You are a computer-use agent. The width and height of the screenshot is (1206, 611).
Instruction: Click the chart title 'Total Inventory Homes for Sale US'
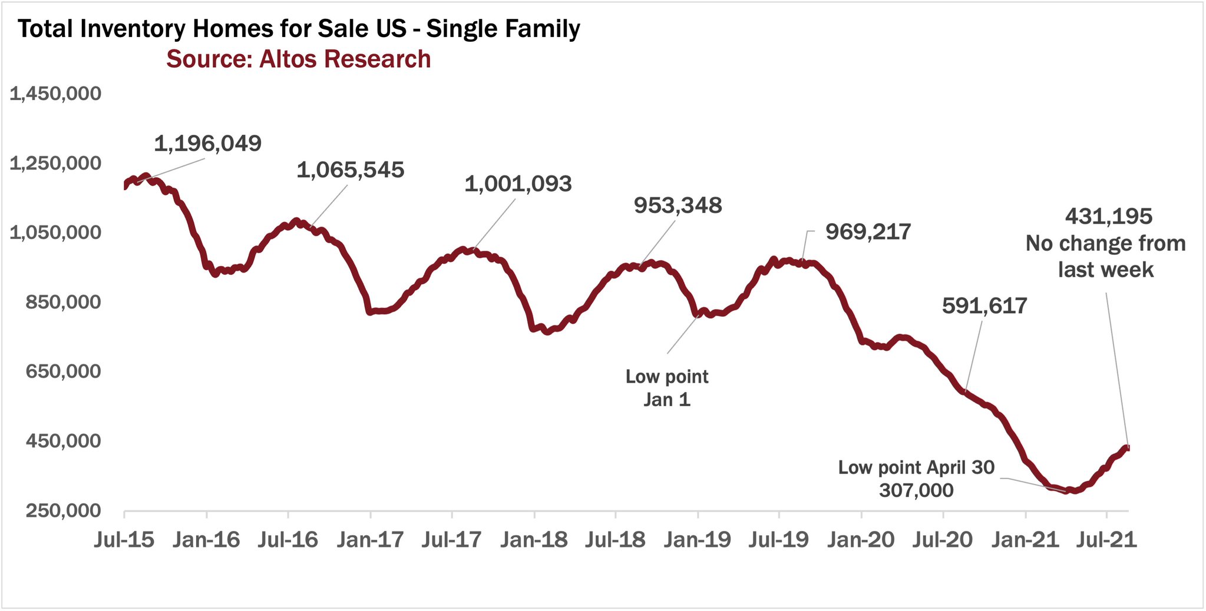pos(299,29)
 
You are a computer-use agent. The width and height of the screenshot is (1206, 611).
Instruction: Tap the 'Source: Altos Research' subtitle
pos(298,59)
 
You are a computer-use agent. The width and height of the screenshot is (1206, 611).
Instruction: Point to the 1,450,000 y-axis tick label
pos(55,94)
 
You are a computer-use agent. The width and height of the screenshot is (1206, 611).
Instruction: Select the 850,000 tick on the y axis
pos(63,302)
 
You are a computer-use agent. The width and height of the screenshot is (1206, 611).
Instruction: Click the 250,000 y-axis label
pos(63,510)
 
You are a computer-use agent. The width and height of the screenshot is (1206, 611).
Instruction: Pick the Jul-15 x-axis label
pos(124,540)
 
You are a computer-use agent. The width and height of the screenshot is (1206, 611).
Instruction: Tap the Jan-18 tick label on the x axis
pos(534,540)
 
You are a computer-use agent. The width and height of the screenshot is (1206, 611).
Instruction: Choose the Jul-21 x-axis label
pos(1106,540)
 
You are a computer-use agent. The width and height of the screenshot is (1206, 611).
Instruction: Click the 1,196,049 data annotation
pos(207,144)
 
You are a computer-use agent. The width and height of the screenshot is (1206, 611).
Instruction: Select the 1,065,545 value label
pos(350,170)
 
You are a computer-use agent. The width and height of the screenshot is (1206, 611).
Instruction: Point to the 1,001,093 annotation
pos(518,184)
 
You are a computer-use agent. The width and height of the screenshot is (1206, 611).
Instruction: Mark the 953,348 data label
pos(678,205)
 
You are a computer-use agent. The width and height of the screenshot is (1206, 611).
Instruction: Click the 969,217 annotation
pos(868,232)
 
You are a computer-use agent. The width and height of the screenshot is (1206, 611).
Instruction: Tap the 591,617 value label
pos(984,306)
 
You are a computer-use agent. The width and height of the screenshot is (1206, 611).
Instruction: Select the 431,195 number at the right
pos(1108,217)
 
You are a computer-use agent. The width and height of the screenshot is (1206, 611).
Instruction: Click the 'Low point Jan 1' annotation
pos(667,388)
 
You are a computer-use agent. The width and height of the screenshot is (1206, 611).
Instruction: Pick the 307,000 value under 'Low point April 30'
pos(916,490)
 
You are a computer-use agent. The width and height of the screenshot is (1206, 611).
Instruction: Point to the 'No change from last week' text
pos(1105,257)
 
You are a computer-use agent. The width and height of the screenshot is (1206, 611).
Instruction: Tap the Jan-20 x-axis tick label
pos(860,540)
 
